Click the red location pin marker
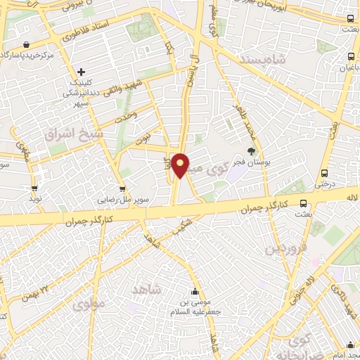pyautogui.click(x=181, y=165)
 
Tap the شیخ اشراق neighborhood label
pyautogui.click(x=75, y=133)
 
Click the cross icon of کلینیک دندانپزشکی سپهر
pyautogui.click(x=82, y=71)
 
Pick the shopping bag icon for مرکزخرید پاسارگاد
pyautogui.click(x=26, y=44)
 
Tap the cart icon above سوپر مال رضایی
pyautogui.click(x=122, y=188)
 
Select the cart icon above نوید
pyautogui.click(x=34, y=188)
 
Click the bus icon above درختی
pyautogui.click(x=324, y=173)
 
